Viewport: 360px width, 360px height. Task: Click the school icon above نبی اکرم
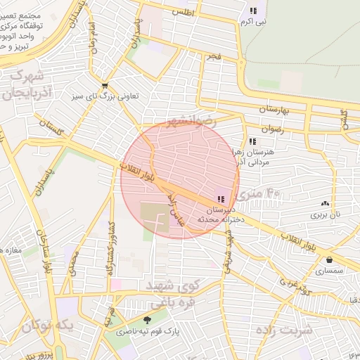(x=253, y=11)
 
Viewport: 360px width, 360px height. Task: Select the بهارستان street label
(x=262, y=110)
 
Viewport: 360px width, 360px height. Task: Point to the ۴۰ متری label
(x=264, y=190)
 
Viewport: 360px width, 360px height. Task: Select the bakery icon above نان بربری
(x=325, y=203)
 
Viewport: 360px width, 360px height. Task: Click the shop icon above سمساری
(x=329, y=259)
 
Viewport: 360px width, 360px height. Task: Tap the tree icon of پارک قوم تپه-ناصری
(x=146, y=320)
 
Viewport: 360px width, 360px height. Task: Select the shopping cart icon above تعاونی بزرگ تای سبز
(x=105, y=85)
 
